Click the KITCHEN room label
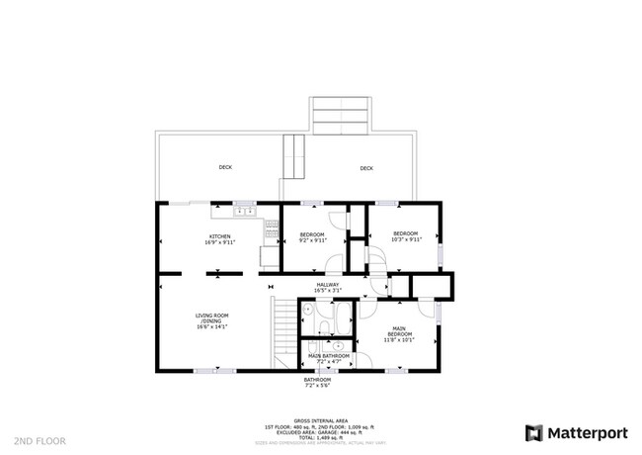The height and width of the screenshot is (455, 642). pyautogui.click(x=219, y=235)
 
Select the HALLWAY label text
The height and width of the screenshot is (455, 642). pyautogui.click(x=327, y=285)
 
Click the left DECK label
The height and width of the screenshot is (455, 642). pyautogui.click(x=225, y=168)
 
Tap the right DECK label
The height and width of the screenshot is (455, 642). pyautogui.click(x=366, y=168)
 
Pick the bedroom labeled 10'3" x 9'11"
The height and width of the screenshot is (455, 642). pyautogui.click(x=406, y=236)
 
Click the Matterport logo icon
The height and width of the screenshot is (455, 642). pyautogui.click(x=534, y=432)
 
